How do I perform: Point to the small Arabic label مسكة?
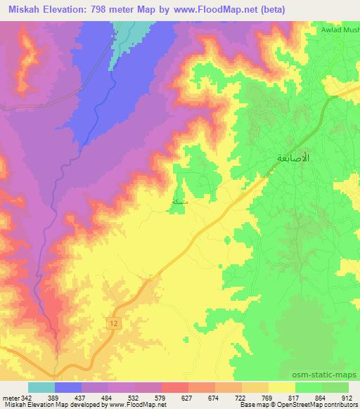[x=180, y=201]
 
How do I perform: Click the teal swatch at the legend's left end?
[x=41, y=387]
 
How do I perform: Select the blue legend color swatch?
[x=68, y=387]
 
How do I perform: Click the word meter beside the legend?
[x=11, y=398]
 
